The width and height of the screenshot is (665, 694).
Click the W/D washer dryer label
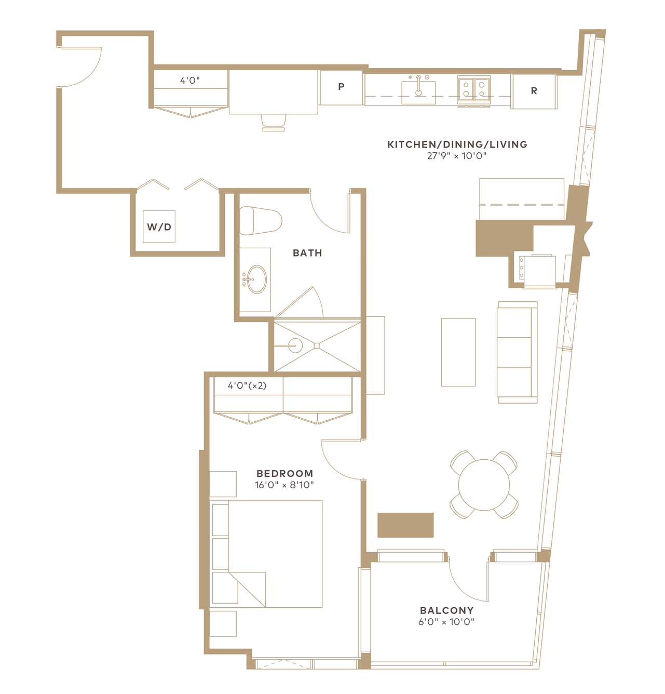tap(159, 227)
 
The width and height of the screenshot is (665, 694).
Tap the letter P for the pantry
tap(341, 86)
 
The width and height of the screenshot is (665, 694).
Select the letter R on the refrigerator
tap(534, 91)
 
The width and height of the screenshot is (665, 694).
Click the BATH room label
tap(307, 253)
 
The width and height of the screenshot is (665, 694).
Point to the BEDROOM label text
tap(285, 473)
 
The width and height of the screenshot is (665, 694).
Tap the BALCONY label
tap(446, 610)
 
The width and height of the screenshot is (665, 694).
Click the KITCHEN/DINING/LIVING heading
tap(457, 144)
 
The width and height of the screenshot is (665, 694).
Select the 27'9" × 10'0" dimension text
tap(457, 156)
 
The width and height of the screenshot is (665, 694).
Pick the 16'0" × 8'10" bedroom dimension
tap(284, 485)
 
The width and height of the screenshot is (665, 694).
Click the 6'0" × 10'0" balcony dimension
tap(446, 622)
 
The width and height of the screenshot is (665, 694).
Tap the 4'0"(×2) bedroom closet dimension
tap(247, 385)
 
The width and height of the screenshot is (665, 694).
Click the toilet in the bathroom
tap(261, 221)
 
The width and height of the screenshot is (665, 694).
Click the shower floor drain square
tap(317, 345)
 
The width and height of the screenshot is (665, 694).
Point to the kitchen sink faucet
tap(419, 86)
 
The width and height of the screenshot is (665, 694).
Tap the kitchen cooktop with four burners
tap(474, 89)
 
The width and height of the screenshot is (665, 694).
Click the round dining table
tap(484, 485)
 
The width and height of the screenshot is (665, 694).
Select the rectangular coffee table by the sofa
tap(458, 352)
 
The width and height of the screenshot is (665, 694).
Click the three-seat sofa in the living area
tap(517, 352)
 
